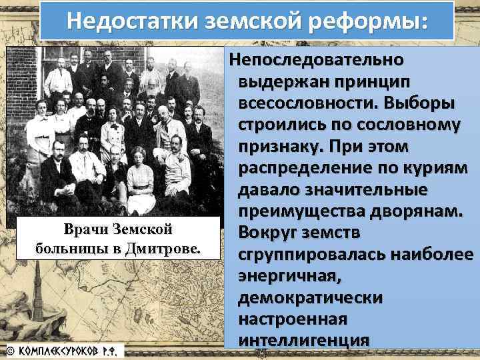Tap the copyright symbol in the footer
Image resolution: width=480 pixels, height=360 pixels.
coord(10,349)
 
